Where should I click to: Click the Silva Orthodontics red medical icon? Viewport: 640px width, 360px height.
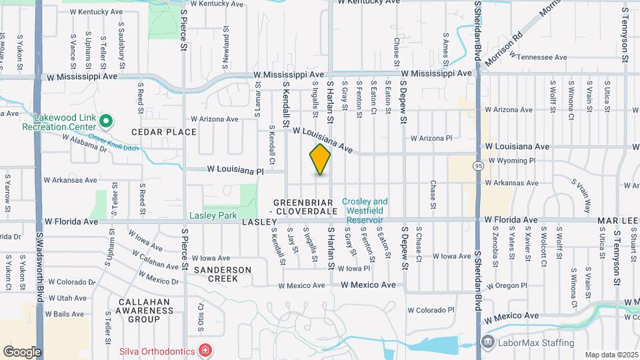coord(205,350)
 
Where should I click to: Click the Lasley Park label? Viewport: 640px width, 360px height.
coord(213,216)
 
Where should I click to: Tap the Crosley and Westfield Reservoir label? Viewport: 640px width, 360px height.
coord(365,211)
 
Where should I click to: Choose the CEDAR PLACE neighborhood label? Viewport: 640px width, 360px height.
coord(164,132)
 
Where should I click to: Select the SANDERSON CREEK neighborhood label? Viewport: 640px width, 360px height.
coord(223,274)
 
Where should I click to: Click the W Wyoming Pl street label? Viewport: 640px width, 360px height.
coord(512,161)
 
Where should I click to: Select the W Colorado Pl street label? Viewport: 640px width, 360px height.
coord(431,310)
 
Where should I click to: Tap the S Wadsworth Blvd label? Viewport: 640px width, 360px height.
coord(40,267)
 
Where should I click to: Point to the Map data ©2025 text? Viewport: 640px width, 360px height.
coord(611,355)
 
